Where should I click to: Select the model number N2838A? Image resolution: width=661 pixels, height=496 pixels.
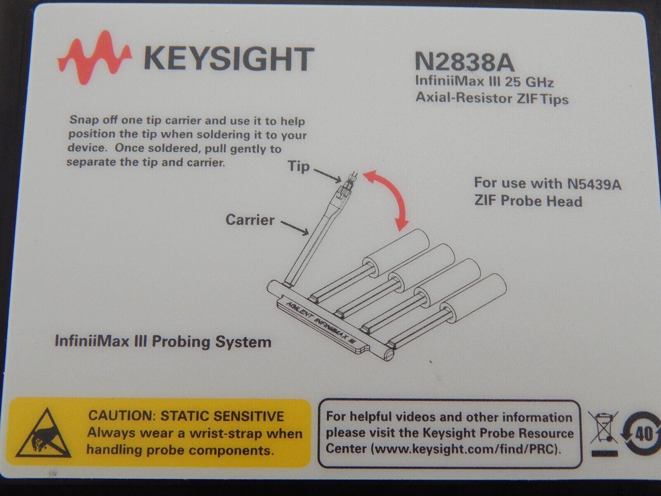[x=465, y=62]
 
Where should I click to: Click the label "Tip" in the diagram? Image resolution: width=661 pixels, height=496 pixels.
[x=298, y=166]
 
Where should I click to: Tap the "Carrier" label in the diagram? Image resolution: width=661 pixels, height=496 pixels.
[x=250, y=220]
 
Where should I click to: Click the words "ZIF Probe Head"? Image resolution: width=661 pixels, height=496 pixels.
[x=528, y=201]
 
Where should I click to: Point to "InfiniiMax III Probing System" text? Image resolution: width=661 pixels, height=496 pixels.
[x=163, y=342]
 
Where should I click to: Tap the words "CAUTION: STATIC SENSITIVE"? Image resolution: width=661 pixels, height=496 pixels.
[x=186, y=416]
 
